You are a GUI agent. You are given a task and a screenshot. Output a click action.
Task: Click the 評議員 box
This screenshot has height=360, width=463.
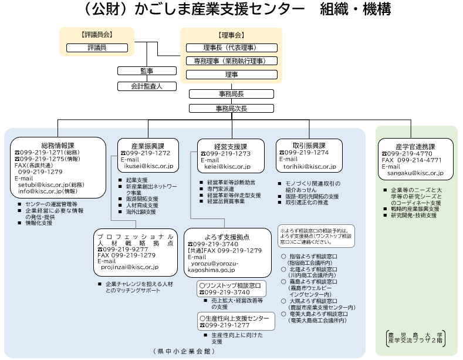(97, 48)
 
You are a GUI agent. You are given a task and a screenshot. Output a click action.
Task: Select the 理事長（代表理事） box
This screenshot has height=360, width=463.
(231, 48)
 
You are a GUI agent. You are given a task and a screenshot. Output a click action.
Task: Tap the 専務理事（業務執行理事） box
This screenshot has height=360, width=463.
(231, 61)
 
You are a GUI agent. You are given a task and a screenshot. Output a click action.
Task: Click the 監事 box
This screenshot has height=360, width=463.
(147, 71)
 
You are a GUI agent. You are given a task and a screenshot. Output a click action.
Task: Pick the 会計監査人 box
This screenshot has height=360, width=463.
(147, 86)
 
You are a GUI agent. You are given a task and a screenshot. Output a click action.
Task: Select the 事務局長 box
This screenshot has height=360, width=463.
(231, 94)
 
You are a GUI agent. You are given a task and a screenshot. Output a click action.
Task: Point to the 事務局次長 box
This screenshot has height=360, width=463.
(231, 109)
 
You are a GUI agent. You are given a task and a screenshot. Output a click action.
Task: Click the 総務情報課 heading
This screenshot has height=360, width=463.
(58, 146)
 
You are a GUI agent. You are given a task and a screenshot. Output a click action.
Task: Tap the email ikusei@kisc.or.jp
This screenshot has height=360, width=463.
(148, 166)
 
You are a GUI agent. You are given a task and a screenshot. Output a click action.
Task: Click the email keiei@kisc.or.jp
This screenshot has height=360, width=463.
(227, 167)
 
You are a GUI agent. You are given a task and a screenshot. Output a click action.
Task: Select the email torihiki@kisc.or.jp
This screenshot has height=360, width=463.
(309, 167)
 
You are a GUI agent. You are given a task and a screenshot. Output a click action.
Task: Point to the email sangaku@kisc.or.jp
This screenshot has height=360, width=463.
(415, 173)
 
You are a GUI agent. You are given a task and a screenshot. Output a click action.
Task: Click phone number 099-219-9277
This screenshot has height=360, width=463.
(126, 249)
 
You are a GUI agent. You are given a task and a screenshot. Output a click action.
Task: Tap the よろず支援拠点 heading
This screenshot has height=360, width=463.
(227, 237)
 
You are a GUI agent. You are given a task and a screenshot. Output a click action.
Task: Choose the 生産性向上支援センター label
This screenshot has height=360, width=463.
(234, 318)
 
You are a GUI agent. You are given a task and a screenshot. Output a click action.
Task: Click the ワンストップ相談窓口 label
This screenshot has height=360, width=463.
(230, 285)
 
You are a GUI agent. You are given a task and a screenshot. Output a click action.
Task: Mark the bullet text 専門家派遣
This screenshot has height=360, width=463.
(221, 189)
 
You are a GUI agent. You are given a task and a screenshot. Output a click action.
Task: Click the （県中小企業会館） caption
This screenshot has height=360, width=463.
(184, 351)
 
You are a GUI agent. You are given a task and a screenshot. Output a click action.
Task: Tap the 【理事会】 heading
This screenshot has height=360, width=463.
(231, 35)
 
